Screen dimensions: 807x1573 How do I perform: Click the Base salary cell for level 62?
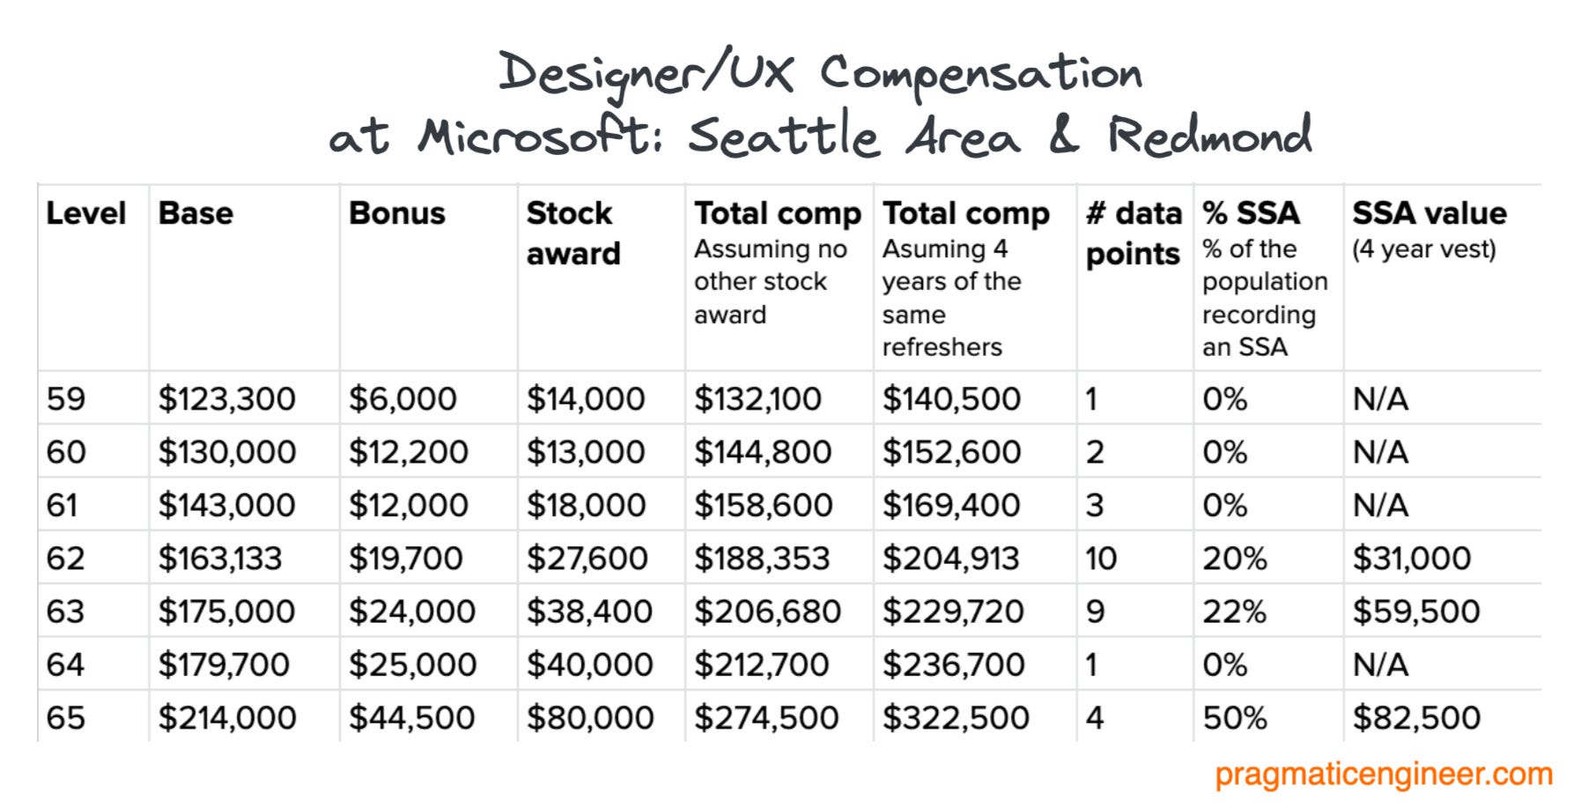tap(220, 559)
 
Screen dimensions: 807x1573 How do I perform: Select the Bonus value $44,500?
tap(411, 718)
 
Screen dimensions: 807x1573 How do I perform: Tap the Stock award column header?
tap(573, 233)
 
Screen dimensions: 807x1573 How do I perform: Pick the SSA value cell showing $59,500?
tap(1416, 611)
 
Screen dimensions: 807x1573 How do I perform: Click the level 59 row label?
tap(66, 399)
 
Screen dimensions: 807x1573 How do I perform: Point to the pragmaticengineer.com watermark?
tap(1383, 774)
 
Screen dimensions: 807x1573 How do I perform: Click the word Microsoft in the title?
tap(538, 137)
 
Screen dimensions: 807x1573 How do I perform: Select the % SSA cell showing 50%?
tap(1235, 718)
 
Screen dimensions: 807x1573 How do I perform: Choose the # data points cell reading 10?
tap(1101, 559)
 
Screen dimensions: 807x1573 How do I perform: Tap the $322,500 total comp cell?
tap(956, 718)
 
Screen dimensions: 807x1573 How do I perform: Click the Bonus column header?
tap(397, 213)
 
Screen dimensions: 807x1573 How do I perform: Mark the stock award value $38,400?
tap(589, 611)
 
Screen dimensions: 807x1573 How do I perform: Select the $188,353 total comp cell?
tap(762, 559)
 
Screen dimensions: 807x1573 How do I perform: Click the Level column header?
tap(86, 213)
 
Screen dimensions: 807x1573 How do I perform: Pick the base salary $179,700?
tap(224, 665)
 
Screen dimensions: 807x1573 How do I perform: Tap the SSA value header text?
tap(1429, 213)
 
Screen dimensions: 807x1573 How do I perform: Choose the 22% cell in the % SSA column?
tap(1234, 611)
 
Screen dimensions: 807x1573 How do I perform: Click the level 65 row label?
tap(66, 718)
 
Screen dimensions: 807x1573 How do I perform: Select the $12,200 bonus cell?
tap(408, 453)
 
